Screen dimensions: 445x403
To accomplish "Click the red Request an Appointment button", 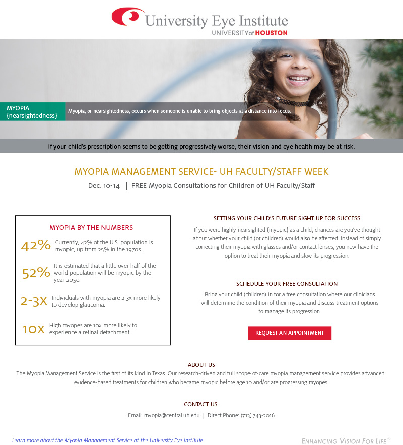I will tap(290, 333).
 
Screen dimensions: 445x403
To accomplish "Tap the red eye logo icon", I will tap(127, 17).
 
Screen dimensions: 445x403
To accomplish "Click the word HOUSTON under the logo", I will tap(271, 33).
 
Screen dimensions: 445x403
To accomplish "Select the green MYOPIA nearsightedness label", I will tap(33, 111).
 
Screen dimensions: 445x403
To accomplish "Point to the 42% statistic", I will tap(36, 245).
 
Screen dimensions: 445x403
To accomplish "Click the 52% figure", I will tap(36, 273).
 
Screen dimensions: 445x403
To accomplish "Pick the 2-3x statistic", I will tap(34, 301).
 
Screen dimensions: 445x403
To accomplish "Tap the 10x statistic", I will tap(33, 329).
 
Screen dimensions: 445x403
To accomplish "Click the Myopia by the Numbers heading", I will tap(91, 228).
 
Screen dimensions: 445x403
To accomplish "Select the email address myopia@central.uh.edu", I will tap(172, 416).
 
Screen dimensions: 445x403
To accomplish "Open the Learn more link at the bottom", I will tap(108, 440).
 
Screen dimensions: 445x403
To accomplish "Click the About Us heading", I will tap(201, 365).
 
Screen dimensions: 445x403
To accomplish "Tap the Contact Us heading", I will tap(201, 404).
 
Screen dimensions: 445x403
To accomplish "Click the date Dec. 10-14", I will tap(104, 186).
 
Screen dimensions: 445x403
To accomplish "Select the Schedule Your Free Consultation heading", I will tap(287, 284).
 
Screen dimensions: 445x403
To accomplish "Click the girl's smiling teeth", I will tap(299, 79).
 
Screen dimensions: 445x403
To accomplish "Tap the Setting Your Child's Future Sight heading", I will tap(287, 218).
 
